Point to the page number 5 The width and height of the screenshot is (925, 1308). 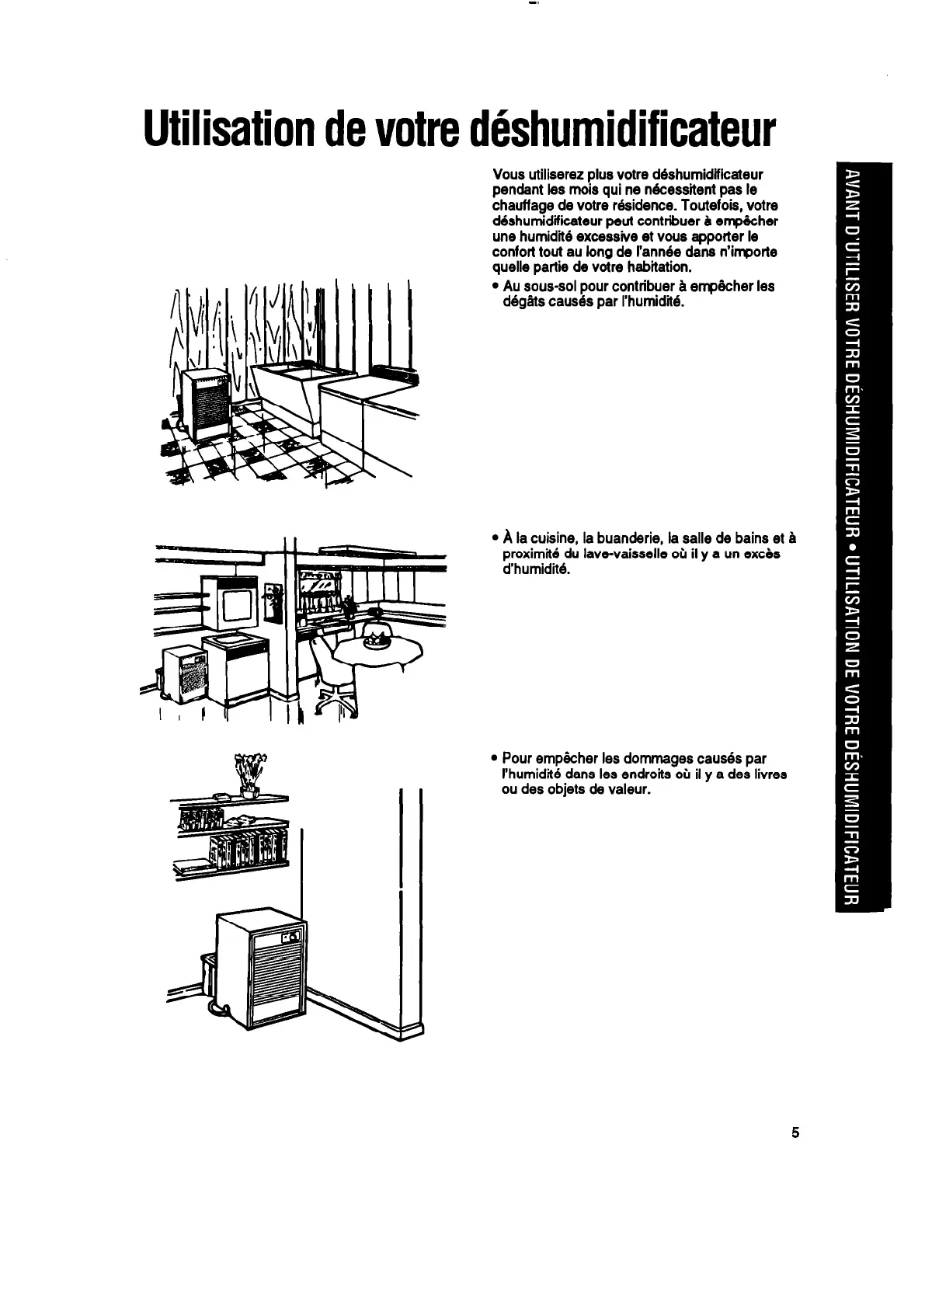[795, 1132]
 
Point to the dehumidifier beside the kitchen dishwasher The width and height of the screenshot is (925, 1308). [184, 670]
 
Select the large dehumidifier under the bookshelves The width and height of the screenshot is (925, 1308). [259, 972]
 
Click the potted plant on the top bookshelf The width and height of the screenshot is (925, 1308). [249, 774]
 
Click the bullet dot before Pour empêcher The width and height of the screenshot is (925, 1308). [495, 759]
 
